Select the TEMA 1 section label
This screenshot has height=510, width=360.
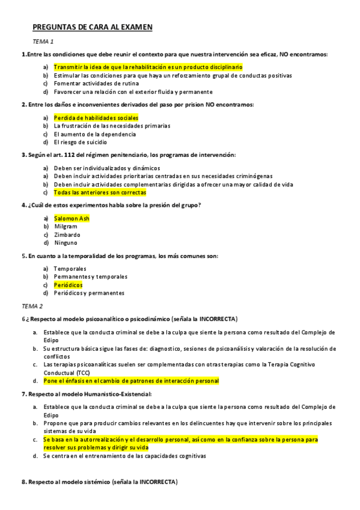click(43, 41)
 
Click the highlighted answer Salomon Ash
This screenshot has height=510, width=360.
click(72, 218)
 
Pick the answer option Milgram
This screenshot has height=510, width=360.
click(66, 227)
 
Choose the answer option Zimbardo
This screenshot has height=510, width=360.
click(67, 235)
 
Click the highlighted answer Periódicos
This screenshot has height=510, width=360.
click(68, 284)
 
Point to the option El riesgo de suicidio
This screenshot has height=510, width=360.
click(81, 143)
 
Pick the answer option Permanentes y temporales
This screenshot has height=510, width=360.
click(90, 277)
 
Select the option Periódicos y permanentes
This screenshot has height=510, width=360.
click(89, 293)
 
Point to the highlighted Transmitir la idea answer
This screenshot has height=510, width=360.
click(148, 67)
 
